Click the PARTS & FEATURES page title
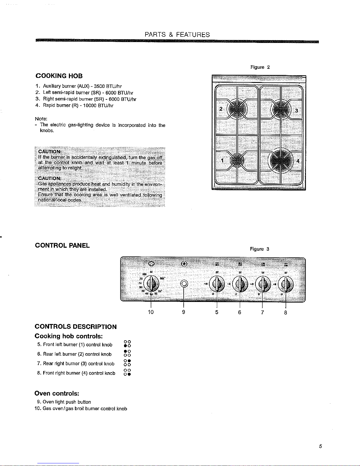177,35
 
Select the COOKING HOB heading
59,76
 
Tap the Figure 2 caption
260,67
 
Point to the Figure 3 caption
259,249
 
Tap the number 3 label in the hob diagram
297,111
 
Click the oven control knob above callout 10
151,284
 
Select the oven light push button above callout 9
184,284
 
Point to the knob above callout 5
217,284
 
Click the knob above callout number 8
285,284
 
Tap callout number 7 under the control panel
262,312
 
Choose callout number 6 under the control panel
240,312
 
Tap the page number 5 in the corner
321,446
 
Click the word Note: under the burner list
41,119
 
